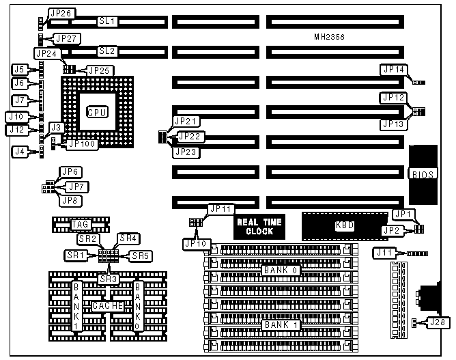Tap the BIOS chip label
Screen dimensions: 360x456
[x=421, y=174]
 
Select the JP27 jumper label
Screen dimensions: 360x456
[x=67, y=38]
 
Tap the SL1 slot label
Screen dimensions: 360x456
[x=107, y=21]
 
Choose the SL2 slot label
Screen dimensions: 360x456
[x=107, y=51]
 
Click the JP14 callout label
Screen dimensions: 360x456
[x=394, y=70]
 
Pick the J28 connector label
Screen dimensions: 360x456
[x=438, y=322]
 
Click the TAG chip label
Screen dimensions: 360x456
[x=81, y=224]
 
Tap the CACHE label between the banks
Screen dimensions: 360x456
[x=107, y=306]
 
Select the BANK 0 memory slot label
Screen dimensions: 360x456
[x=279, y=271]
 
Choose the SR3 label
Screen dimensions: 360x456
[x=107, y=279]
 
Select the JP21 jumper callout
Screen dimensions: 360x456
[x=186, y=121]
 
